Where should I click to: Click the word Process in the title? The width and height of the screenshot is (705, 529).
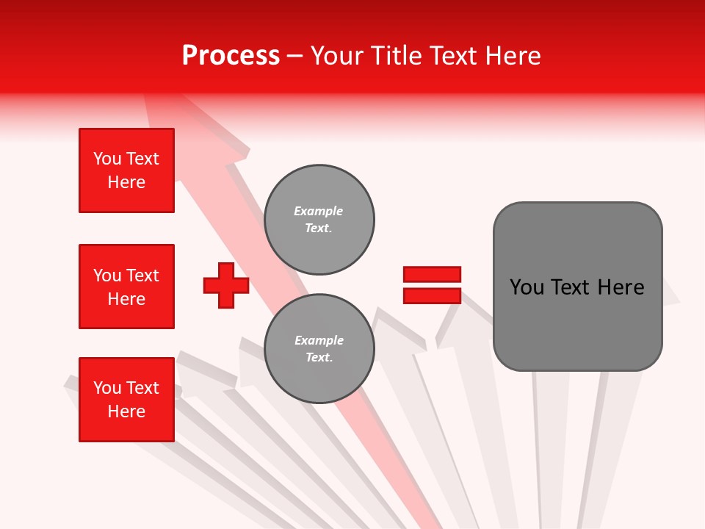[231, 56]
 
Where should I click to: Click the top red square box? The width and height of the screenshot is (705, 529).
[126, 170]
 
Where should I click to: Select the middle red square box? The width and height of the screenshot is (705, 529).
[126, 287]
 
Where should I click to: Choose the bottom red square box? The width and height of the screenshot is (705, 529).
[126, 400]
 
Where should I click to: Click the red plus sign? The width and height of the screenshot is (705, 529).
[226, 285]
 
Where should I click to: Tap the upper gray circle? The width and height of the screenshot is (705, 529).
[319, 219]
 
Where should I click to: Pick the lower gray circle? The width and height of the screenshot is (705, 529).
[319, 349]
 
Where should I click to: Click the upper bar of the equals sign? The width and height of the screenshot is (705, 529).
[432, 274]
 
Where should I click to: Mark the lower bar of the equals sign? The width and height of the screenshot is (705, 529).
[432, 295]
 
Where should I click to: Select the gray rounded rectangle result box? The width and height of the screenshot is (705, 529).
[577, 287]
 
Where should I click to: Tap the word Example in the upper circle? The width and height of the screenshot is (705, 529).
[319, 211]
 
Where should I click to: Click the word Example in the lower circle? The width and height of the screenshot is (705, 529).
[319, 340]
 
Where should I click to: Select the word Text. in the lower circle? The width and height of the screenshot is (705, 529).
[319, 358]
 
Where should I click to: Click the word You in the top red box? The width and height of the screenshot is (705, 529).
[107, 159]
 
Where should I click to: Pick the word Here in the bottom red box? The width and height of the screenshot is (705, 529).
[126, 411]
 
